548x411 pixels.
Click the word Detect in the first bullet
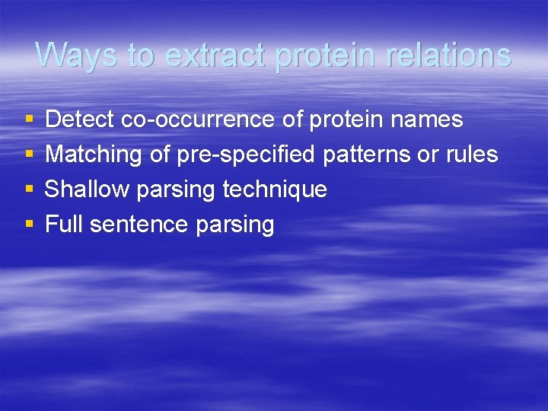pos(80,119)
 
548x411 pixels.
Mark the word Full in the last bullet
pos(62,225)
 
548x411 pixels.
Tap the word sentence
pos(139,225)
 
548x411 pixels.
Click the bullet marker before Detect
pos(29,120)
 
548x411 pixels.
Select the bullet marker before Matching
pos(29,155)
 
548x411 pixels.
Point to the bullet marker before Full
pos(29,225)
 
